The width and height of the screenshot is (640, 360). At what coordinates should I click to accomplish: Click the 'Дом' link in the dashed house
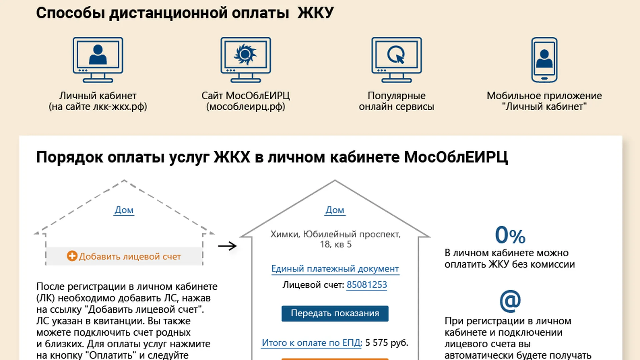coord(124,210)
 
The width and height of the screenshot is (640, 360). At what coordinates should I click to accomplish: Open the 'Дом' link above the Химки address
coord(335,210)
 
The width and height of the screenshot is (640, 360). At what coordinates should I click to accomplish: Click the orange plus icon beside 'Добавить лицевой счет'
coord(72,256)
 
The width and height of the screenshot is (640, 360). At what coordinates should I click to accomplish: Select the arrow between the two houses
coord(227,246)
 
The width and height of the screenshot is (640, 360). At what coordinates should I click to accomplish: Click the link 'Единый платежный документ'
coord(335,269)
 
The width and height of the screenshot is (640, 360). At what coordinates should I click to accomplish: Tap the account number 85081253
coord(367,285)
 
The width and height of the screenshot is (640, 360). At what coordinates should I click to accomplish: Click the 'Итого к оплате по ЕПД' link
coord(311,343)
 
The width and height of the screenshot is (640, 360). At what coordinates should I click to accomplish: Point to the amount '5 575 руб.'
coord(387,343)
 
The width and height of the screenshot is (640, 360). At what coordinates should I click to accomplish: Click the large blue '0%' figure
coord(510,235)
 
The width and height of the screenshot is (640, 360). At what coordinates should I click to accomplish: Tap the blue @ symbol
coord(510,301)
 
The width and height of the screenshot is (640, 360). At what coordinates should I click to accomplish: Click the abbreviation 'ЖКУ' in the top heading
coord(315,13)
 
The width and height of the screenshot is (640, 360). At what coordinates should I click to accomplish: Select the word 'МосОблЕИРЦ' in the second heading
coord(456,157)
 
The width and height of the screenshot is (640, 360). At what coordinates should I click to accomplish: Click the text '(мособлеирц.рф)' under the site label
coord(246,107)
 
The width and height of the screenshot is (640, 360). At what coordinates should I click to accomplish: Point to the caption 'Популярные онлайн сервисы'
coord(396,101)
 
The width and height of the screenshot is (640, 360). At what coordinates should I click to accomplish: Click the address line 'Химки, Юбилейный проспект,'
coord(335,234)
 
